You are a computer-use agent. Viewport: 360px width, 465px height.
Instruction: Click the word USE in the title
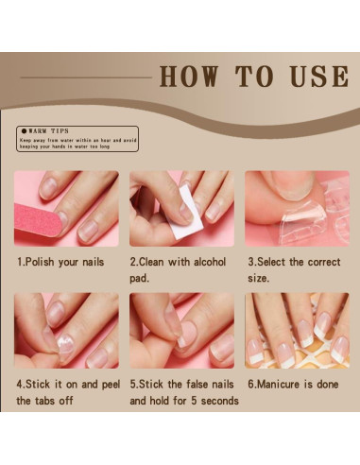pyautogui.click(x=316, y=77)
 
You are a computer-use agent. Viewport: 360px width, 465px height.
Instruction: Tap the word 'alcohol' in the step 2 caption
pyautogui.click(x=204, y=261)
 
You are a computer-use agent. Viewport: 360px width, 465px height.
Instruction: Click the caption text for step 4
pyautogui.click(x=65, y=392)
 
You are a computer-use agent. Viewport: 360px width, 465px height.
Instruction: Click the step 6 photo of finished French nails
pyautogui.click(x=297, y=330)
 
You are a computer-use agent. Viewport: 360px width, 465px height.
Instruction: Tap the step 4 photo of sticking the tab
pyautogui.click(x=66, y=330)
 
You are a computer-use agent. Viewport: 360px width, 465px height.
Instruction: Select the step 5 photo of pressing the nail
pyautogui.click(x=181, y=330)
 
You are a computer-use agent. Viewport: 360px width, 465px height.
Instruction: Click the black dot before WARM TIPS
pyautogui.click(x=24, y=131)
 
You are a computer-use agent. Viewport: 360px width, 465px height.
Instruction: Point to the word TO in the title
pyautogui.click(x=256, y=77)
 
